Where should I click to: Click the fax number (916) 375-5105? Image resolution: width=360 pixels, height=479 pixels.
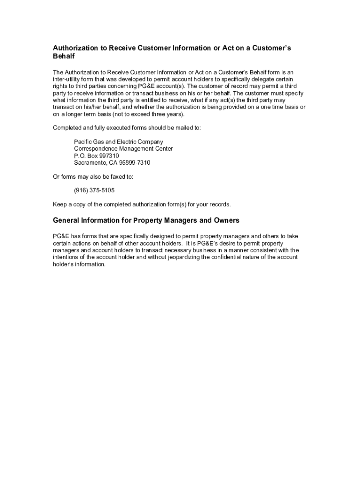pos(94,191)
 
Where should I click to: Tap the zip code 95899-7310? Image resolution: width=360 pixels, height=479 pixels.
pos(134,163)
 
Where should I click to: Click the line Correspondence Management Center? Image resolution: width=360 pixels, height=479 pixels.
pos(123,149)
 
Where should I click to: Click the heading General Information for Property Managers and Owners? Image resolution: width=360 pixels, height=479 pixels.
pos(146,220)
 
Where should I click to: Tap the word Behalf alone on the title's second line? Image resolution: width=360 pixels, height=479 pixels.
pos(64,57)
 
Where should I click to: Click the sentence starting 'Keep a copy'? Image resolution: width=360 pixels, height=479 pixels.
pos(142,205)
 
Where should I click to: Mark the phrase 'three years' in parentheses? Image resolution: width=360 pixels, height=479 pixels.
pos(169,114)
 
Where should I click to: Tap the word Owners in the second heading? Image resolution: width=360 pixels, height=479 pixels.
pos(226,220)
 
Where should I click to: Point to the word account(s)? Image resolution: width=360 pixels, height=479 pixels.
pos(167,86)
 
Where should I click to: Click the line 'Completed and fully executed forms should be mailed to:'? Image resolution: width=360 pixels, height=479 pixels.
pos(127,128)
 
